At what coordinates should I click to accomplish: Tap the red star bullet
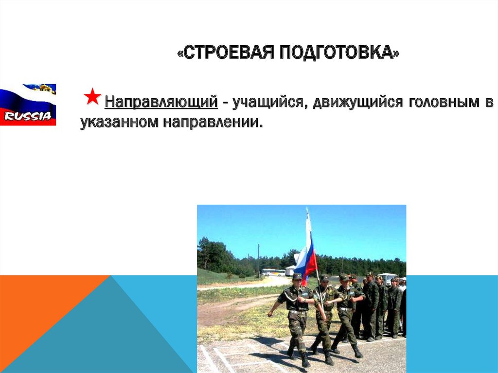pyautogui.click(x=92, y=97)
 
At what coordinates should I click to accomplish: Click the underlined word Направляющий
pyautogui.click(x=161, y=103)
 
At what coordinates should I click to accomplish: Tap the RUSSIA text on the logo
pyautogui.click(x=28, y=116)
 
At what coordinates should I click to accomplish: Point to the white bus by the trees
pyautogui.click(x=273, y=273)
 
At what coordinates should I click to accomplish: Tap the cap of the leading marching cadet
pyautogui.click(x=297, y=276)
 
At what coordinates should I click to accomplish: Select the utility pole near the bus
pyautogui.click(x=258, y=260)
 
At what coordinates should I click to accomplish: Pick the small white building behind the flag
pyautogui.click(x=290, y=270)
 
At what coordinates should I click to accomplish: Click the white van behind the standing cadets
pyautogui.click(x=388, y=277)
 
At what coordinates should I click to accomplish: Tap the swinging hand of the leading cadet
pyautogui.click(x=270, y=314)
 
